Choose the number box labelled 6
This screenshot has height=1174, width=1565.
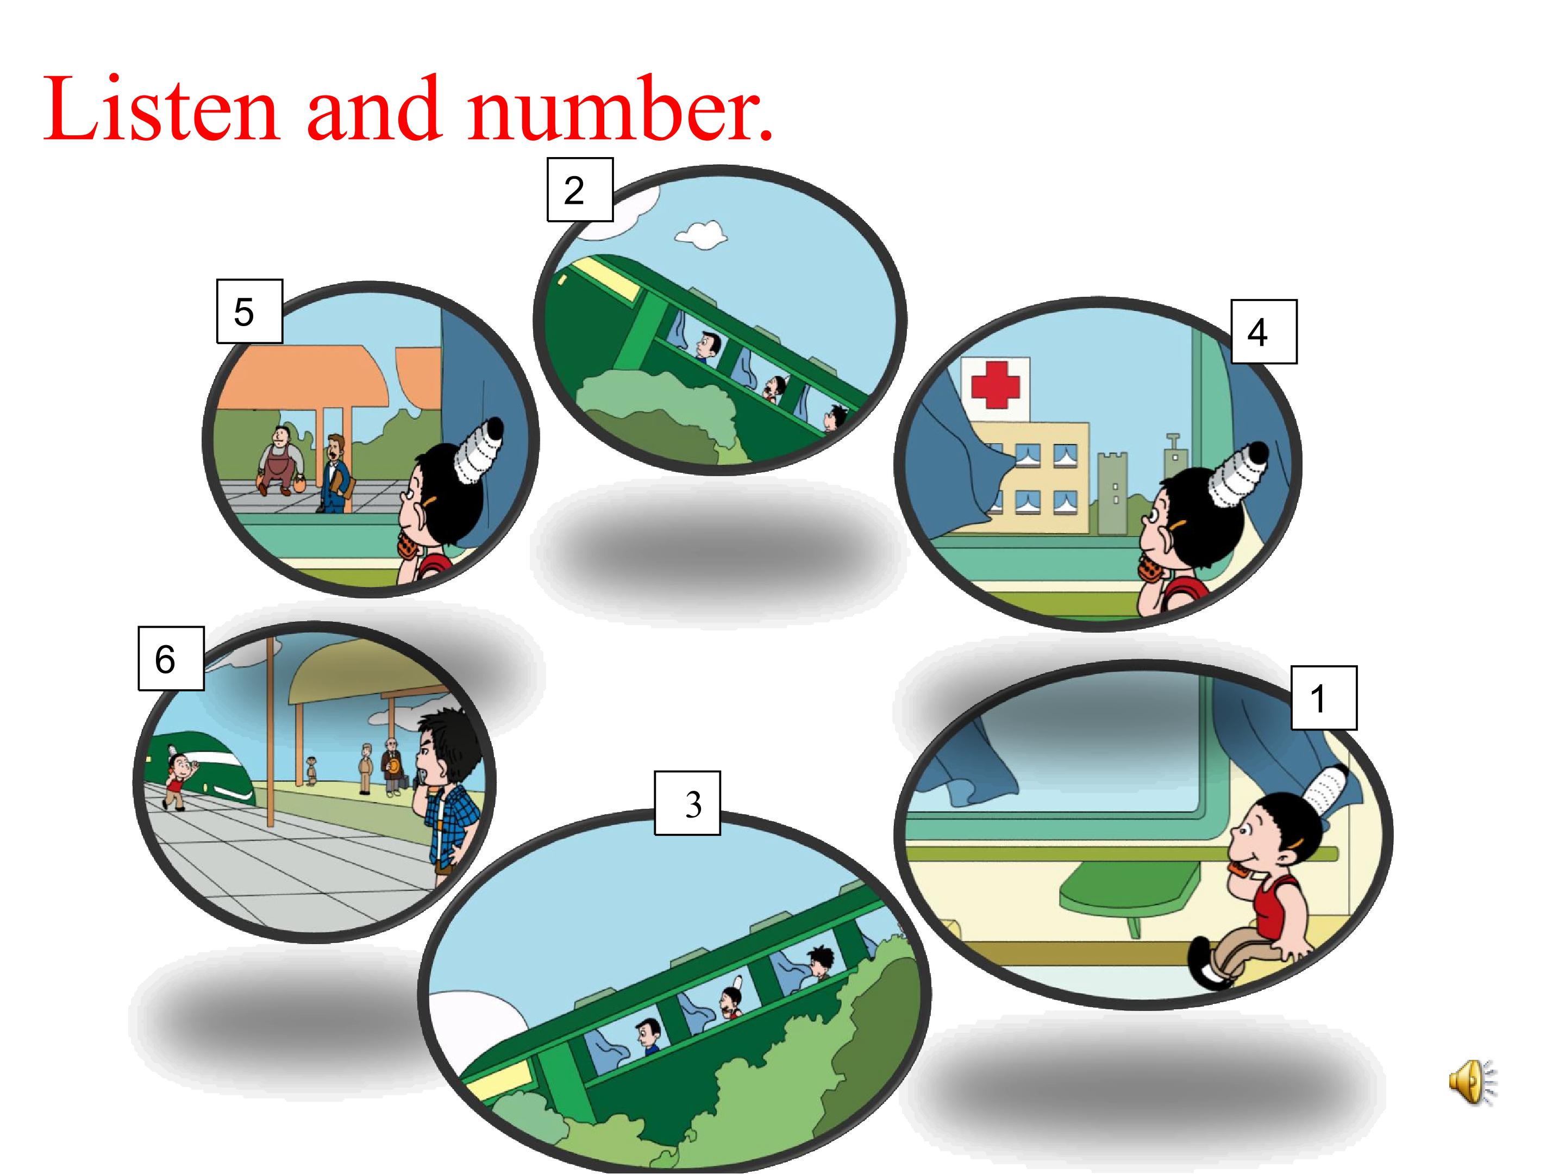point(171,658)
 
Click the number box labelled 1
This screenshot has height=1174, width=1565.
point(1324,698)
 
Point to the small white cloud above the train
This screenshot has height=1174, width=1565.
point(701,234)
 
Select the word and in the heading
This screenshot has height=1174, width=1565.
point(375,108)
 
